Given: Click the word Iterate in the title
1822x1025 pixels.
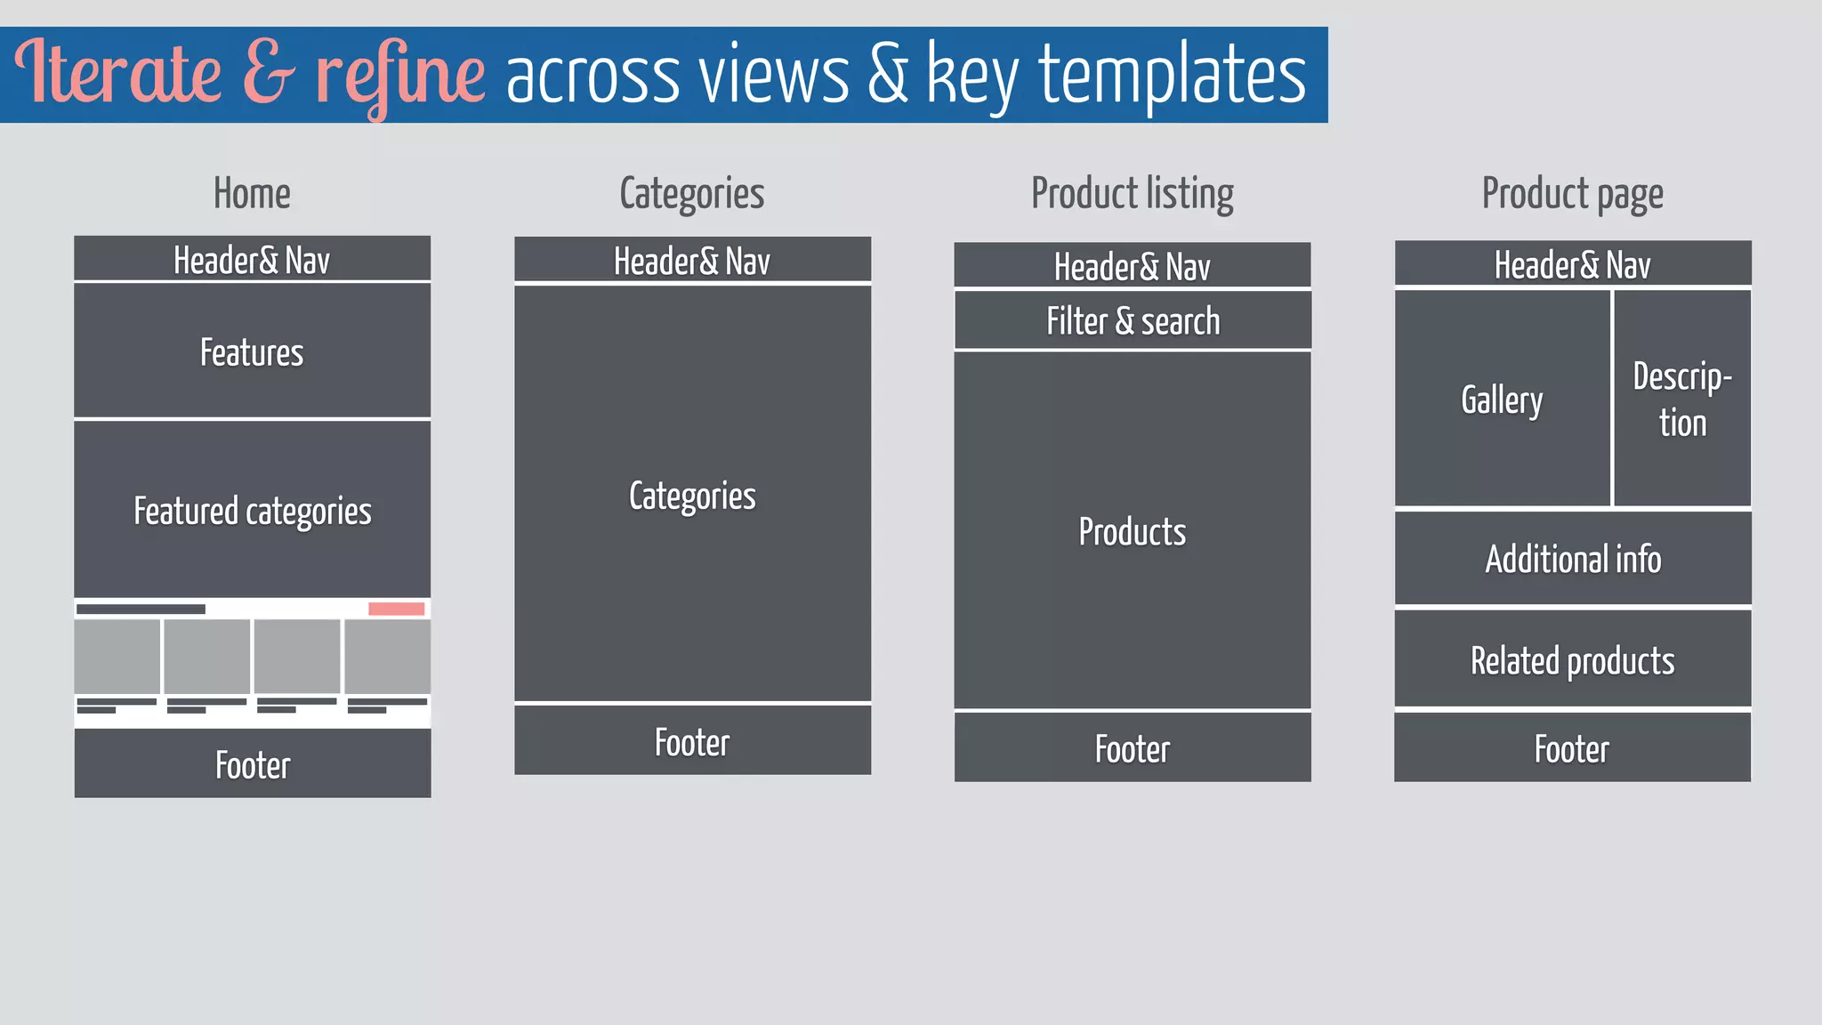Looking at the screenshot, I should click(117, 73).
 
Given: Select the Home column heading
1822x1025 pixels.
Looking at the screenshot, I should click(252, 194).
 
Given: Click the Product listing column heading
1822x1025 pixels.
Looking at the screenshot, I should click(1132, 194).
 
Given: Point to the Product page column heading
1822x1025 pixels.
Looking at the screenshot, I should click(1572, 194).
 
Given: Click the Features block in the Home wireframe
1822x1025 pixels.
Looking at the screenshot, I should click(252, 351).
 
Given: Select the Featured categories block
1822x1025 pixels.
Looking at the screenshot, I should click(252, 510).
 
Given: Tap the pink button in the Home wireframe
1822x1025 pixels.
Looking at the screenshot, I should click(396, 609).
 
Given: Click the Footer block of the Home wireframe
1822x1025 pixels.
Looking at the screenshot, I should click(252, 764).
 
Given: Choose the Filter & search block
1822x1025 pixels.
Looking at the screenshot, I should click(1133, 321).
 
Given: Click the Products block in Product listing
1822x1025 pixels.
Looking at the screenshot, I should click(1133, 531).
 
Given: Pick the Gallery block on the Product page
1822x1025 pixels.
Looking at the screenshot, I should click(1502, 400).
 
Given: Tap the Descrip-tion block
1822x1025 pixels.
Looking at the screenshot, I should click(1682, 400).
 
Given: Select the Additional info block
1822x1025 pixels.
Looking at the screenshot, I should click(1572, 559).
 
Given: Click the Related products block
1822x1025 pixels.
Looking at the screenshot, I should click(1572, 660).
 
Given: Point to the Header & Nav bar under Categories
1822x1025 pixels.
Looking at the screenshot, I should click(692, 261).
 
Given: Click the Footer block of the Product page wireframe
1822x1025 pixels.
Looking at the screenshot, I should click(1572, 748).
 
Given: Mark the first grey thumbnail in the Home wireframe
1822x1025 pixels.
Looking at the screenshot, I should click(117, 657).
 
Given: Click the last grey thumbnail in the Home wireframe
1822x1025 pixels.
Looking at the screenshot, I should click(388, 657).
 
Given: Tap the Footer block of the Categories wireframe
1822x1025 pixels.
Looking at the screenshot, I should click(692, 741).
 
